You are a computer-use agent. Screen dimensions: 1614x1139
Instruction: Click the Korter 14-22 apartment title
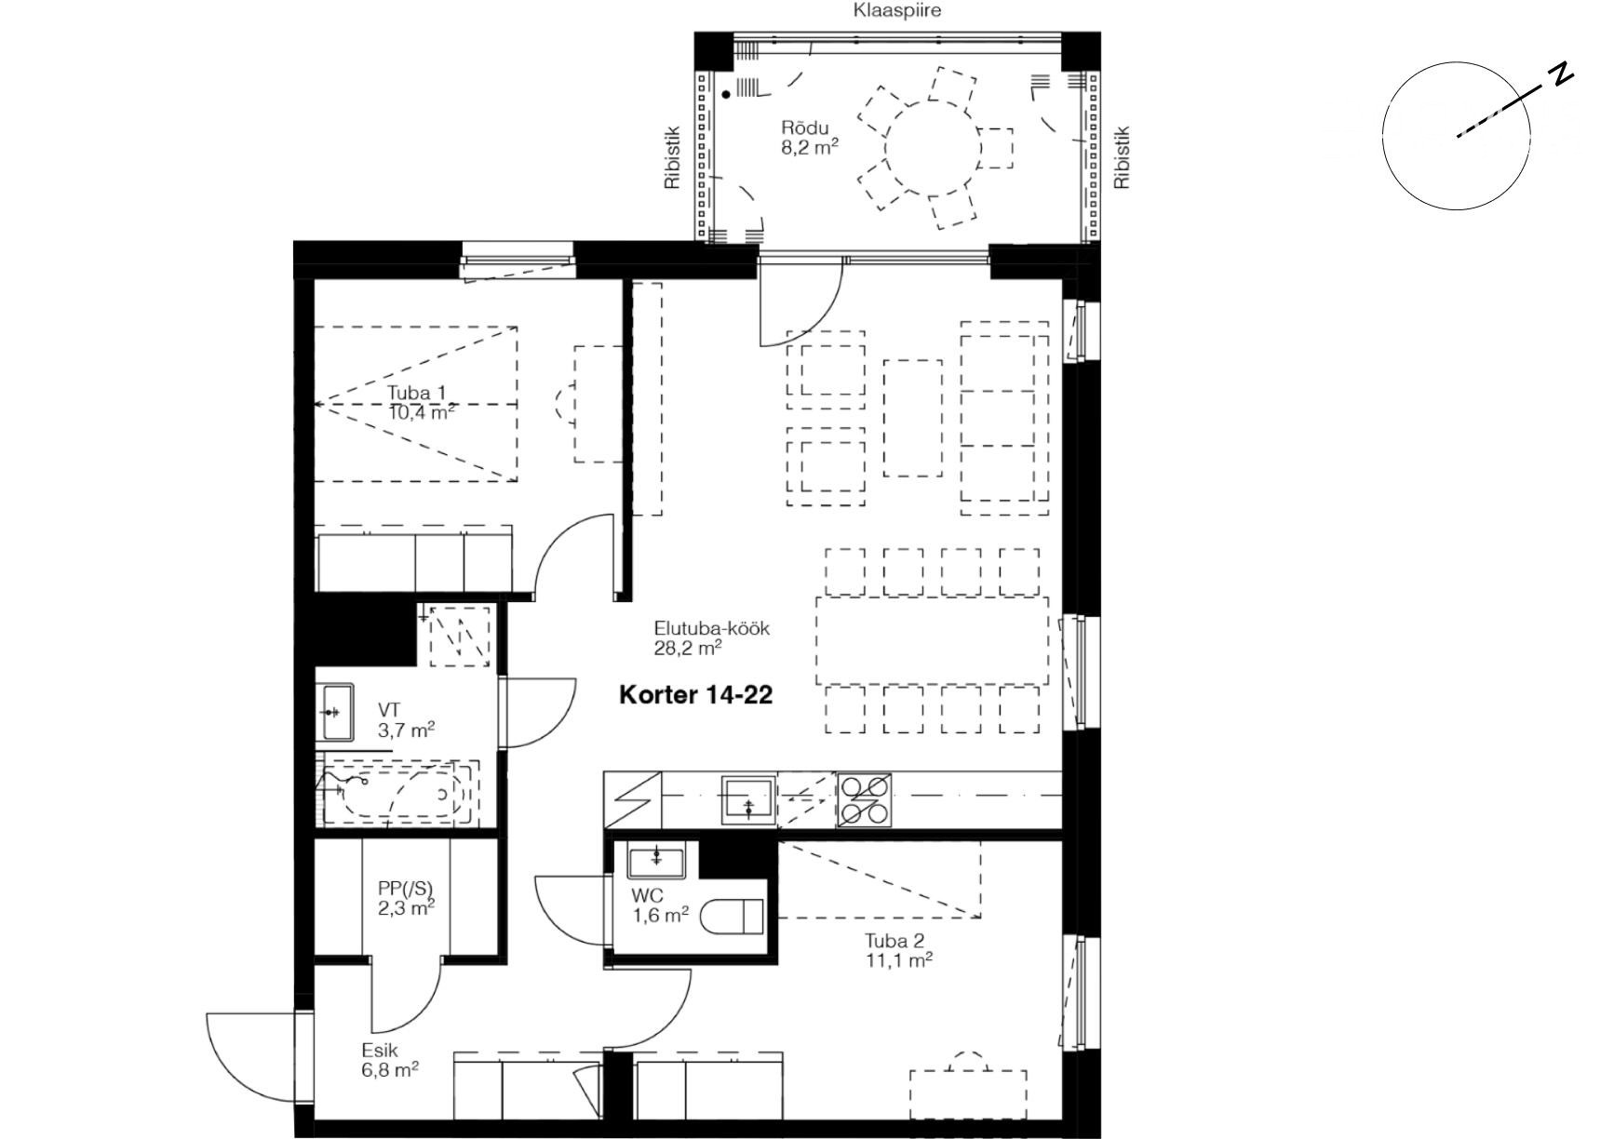pyautogui.click(x=696, y=694)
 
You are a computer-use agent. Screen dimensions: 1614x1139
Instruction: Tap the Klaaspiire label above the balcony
pyautogui.click(x=897, y=10)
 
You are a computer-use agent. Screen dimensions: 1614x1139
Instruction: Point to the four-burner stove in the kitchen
pyautogui.click(x=864, y=799)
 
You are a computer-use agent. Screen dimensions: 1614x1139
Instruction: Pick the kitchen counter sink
pyautogui.click(x=748, y=800)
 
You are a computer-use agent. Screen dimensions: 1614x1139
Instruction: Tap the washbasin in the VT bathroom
pyautogui.click(x=337, y=712)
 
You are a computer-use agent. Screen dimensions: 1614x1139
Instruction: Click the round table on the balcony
pyautogui.click(x=932, y=148)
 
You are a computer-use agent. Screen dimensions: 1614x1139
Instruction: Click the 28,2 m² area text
pyautogui.click(x=689, y=648)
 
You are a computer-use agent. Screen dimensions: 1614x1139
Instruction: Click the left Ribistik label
pyautogui.click(x=672, y=158)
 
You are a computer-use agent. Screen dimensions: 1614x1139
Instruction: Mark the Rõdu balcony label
pyautogui.click(x=805, y=127)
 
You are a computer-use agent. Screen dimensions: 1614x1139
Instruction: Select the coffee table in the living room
pyautogui.click(x=912, y=418)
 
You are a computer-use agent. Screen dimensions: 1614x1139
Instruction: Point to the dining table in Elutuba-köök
pyautogui.click(x=933, y=641)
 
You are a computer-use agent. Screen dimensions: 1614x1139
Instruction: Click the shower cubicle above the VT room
pyautogui.click(x=461, y=636)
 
